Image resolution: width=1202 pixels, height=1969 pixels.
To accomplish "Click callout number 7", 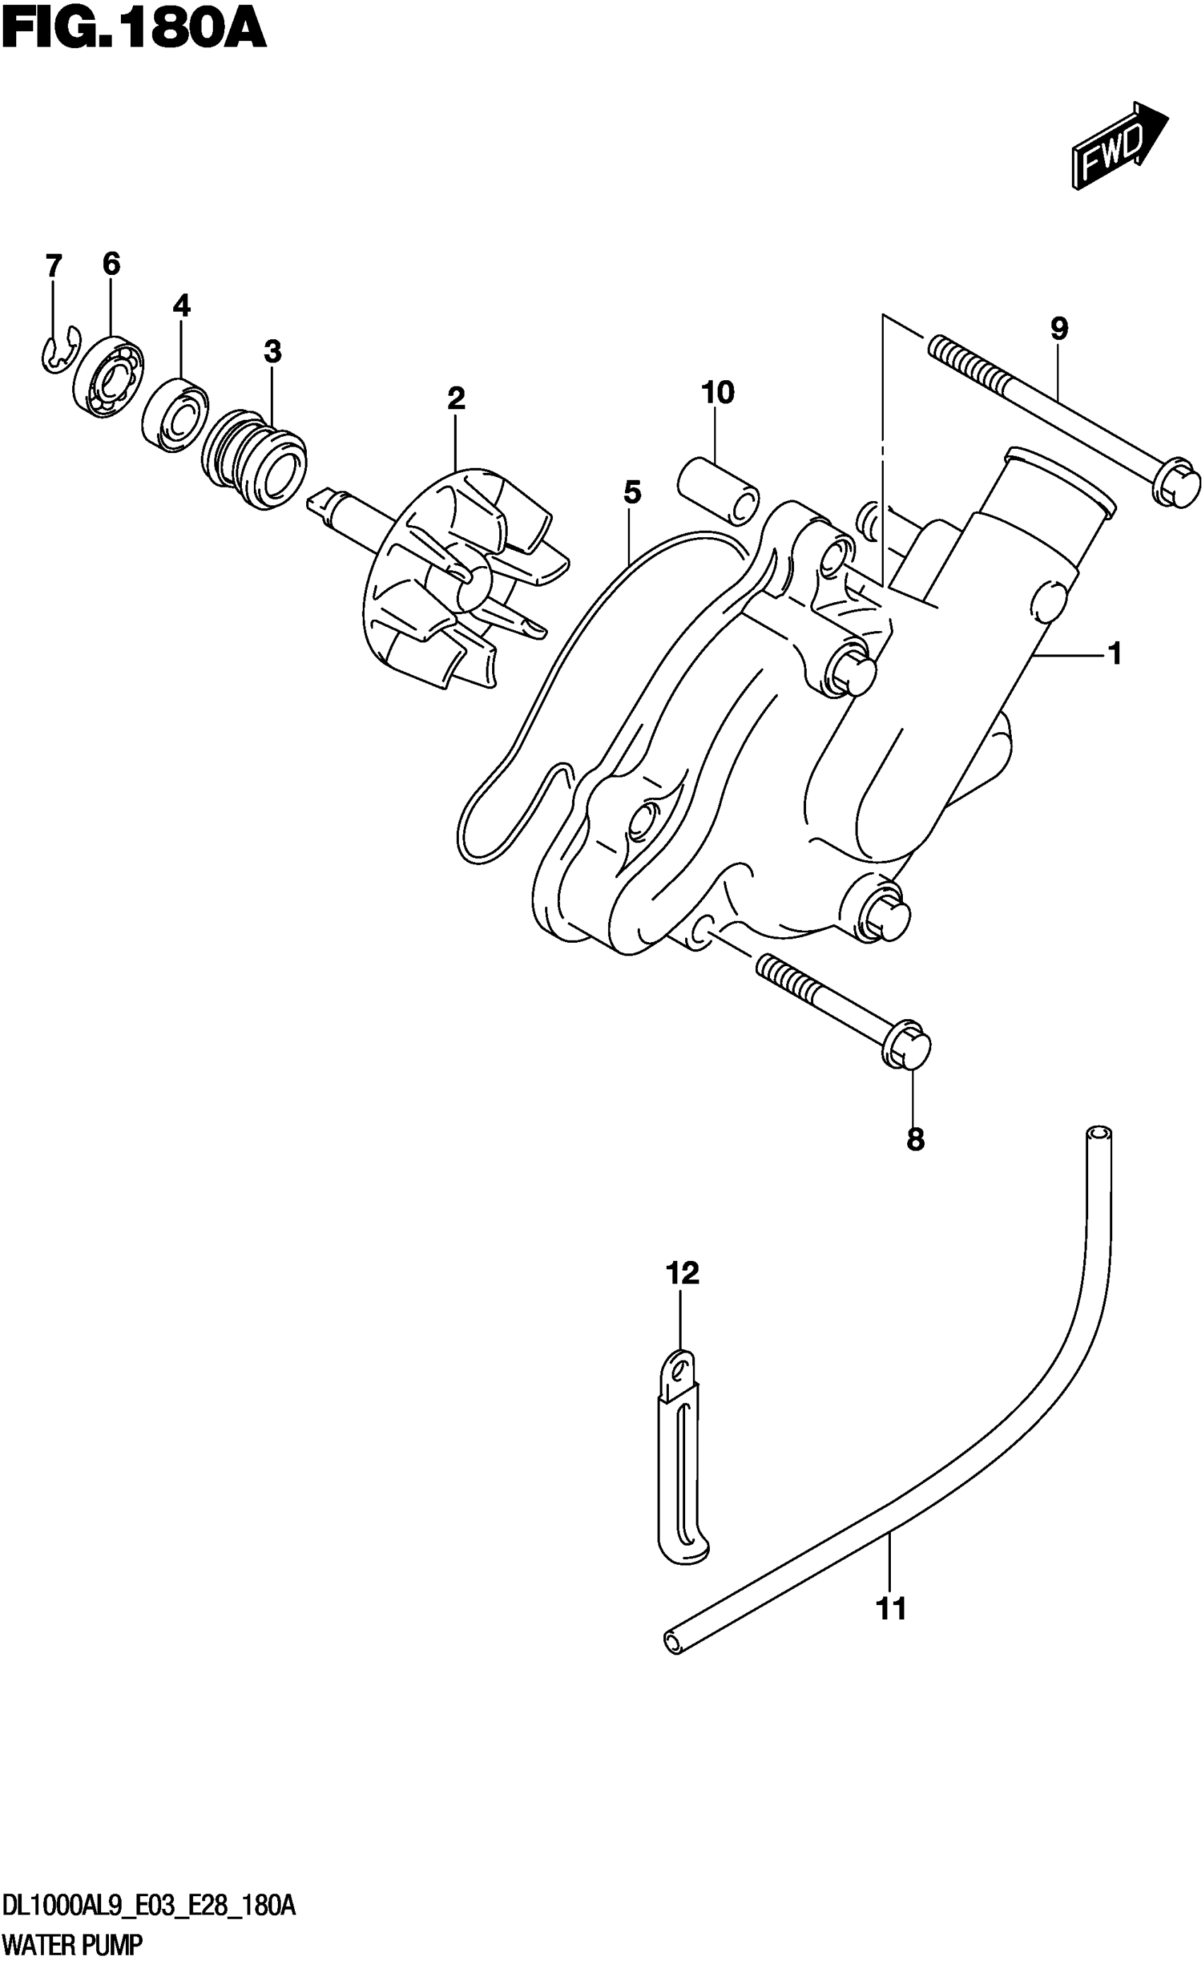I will [53, 265].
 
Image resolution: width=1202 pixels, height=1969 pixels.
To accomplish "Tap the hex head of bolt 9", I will [1176, 482].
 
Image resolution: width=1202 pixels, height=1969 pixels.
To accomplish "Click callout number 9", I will [1059, 329].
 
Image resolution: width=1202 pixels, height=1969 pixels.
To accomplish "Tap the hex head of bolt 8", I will [908, 1045].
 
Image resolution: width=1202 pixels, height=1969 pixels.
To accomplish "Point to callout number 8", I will [915, 1139].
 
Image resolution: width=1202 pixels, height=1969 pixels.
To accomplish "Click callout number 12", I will [682, 1273].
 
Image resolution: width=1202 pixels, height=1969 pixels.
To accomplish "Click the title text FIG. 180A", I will [134, 32].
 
